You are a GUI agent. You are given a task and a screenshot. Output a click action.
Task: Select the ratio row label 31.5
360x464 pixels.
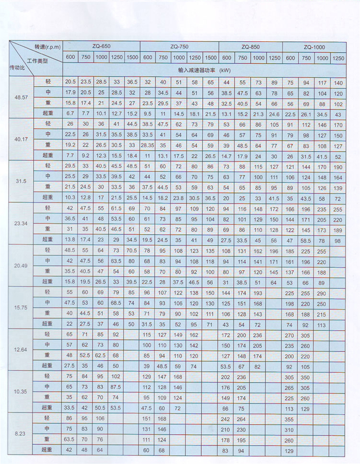click(21, 181)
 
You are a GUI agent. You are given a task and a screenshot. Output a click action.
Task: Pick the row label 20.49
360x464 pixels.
click(21, 265)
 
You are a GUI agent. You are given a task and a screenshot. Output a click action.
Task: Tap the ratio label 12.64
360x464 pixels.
click(21, 349)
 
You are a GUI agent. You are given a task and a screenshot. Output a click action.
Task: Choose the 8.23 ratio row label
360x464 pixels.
click(21, 434)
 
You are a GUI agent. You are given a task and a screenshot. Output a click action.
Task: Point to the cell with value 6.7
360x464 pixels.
click(71, 114)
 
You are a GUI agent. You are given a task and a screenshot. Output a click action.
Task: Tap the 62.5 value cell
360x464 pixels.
click(101, 356)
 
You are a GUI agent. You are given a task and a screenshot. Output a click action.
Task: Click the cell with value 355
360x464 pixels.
click(290, 418)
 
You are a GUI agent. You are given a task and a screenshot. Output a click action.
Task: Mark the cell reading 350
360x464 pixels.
click(306, 377)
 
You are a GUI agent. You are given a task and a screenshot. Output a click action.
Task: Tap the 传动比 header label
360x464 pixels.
click(18, 67)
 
